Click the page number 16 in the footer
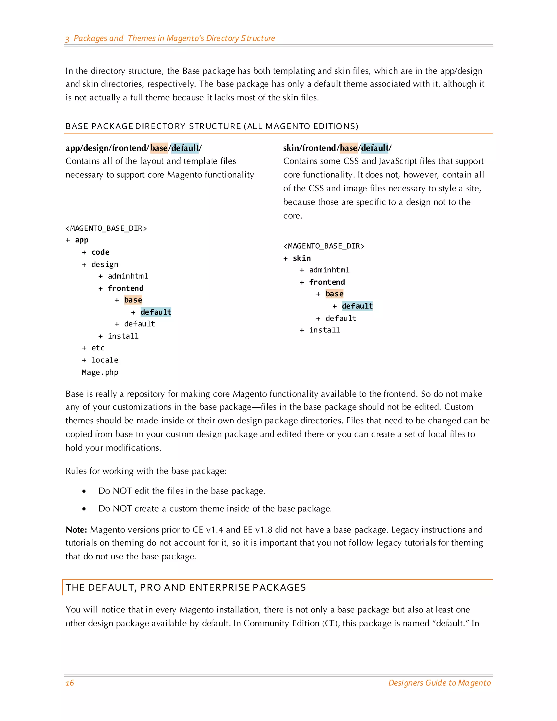click(70, 683)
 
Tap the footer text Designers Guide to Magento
click(439, 683)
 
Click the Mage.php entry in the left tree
click(100, 372)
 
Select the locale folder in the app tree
click(105, 360)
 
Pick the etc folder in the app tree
click(98, 348)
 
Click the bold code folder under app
click(100, 252)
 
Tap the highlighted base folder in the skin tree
click(334, 294)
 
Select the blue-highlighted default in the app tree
click(156, 312)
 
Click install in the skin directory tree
click(324, 330)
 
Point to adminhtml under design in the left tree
click(128, 276)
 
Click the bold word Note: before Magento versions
click(76, 530)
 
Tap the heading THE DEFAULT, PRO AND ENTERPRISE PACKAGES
click(185, 587)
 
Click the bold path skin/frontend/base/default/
click(337, 148)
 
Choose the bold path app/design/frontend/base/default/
click(133, 148)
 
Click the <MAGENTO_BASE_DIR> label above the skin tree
click(324, 246)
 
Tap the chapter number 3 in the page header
click(67, 39)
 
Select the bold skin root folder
click(302, 258)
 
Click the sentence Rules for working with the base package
click(146, 471)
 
